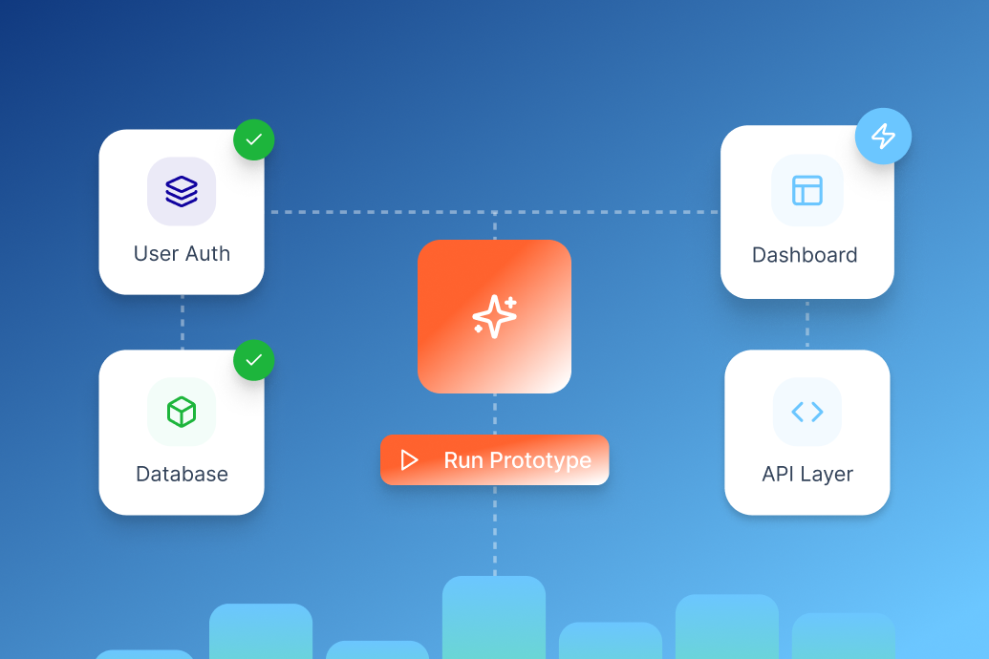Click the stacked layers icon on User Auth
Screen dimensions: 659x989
coord(182,191)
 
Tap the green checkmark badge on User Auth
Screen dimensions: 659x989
coord(254,139)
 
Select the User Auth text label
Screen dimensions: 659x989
coord(182,254)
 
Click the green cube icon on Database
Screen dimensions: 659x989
coord(182,412)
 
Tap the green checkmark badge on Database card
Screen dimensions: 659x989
coord(254,360)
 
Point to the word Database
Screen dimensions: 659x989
coord(182,474)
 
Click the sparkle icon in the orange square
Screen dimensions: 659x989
coord(494,316)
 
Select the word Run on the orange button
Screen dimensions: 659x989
coord(463,460)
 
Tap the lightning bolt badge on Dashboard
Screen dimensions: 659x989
coord(883,136)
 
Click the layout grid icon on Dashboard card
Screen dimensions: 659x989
coord(807,190)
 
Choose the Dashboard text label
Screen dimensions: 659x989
coord(805,255)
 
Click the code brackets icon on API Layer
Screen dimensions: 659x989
coord(807,412)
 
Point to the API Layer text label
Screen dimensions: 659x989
coord(807,474)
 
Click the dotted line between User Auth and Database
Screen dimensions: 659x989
coord(183,322)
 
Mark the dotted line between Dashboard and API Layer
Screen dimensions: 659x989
coord(807,324)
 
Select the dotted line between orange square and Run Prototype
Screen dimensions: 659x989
coord(495,414)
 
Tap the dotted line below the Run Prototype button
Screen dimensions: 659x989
coord(495,530)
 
